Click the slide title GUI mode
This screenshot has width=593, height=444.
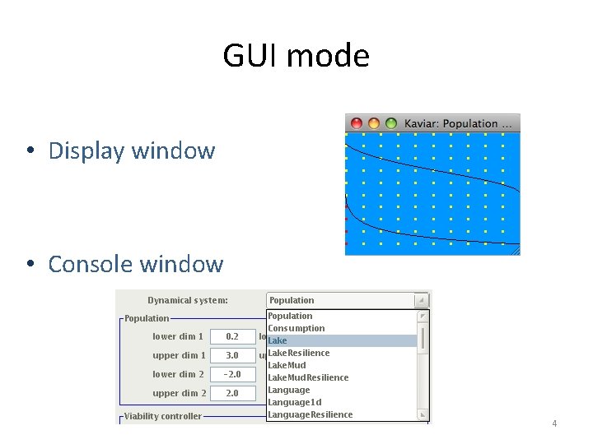click(296, 56)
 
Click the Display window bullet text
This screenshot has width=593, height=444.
click(131, 150)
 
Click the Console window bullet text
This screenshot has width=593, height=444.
click(135, 264)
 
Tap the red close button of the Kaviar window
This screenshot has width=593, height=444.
click(356, 123)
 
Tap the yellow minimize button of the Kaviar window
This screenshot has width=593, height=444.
click(373, 123)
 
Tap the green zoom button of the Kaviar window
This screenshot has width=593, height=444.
click(390, 123)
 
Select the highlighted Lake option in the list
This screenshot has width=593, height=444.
click(278, 340)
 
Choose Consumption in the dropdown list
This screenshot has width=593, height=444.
click(296, 328)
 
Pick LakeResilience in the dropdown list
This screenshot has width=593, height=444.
click(298, 353)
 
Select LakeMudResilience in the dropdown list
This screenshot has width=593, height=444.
click(307, 377)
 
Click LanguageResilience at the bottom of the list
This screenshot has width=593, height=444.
click(310, 414)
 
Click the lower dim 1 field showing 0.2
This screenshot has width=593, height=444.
click(232, 336)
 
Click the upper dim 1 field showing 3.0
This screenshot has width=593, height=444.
click(232, 355)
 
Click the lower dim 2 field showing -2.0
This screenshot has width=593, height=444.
click(232, 374)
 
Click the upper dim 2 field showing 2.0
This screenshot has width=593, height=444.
click(232, 393)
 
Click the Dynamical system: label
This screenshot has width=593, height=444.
click(188, 300)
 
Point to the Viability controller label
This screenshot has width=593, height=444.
click(162, 416)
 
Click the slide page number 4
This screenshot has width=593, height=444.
click(554, 423)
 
